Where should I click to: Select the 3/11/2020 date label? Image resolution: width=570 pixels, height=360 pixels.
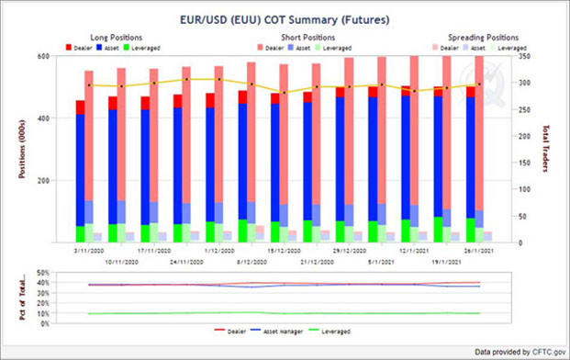pyautogui.click(x=89, y=250)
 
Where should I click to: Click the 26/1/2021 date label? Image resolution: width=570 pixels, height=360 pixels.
pyautogui.click(x=479, y=250)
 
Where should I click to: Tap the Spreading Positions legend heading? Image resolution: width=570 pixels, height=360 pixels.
pyautogui.click(x=480, y=37)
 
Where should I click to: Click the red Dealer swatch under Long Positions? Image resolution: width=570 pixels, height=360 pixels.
pyautogui.click(x=70, y=46)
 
